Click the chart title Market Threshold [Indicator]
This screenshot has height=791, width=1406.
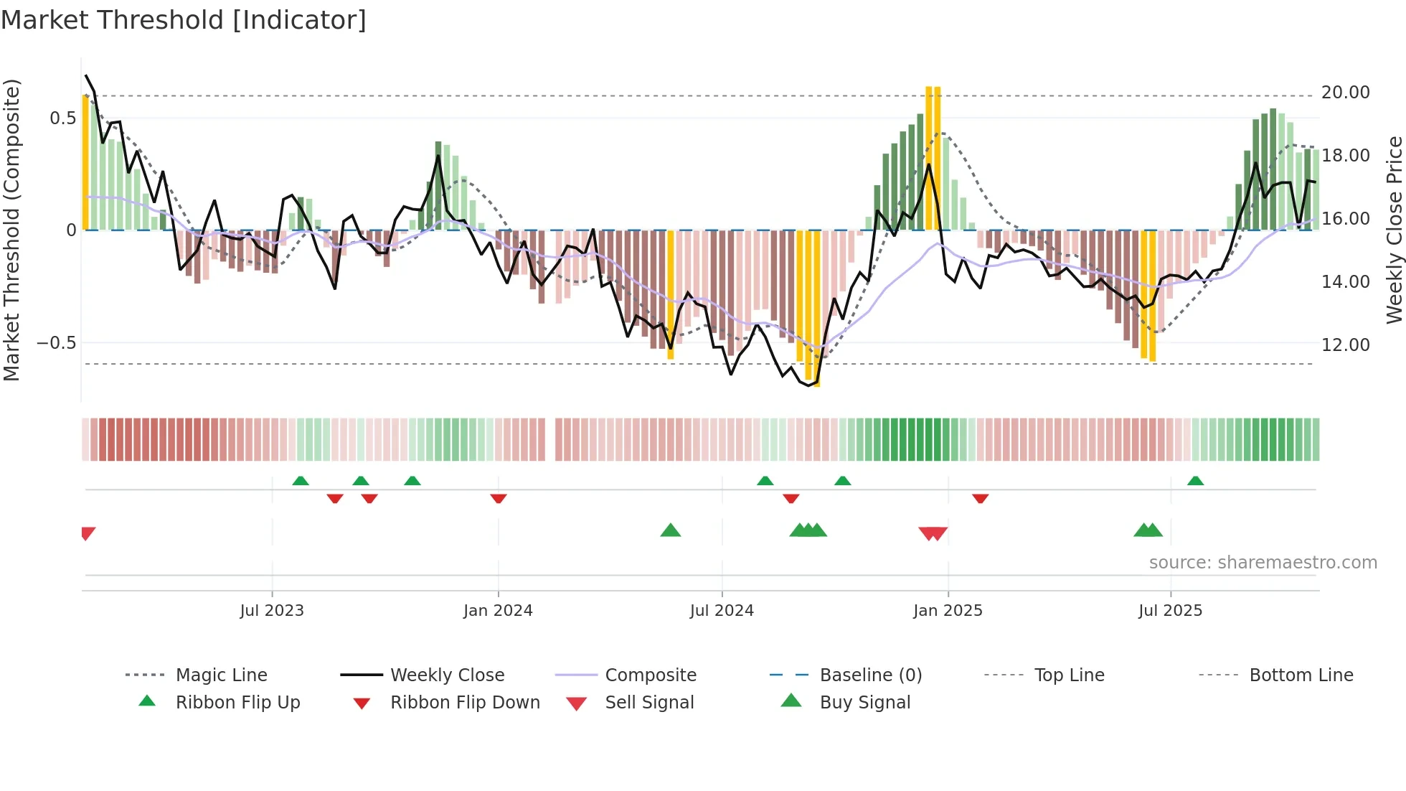pyautogui.click(x=184, y=20)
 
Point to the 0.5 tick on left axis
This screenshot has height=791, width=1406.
pyautogui.click(x=63, y=118)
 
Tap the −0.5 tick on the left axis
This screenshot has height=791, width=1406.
pyautogui.click(x=57, y=343)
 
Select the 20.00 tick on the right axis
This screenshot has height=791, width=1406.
pyautogui.click(x=1346, y=93)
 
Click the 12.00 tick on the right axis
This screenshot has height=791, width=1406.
pyautogui.click(x=1346, y=345)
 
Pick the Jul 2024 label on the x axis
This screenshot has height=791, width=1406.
pyautogui.click(x=722, y=611)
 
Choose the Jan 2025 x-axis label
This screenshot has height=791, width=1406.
pyautogui.click(x=948, y=611)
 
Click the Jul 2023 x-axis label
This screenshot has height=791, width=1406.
pyautogui.click(x=272, y=611)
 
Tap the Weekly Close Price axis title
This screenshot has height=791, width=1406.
pyautogui.click(x=1394, y=230)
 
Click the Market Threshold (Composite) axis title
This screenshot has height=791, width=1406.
pyautogui.click(x=11, y=230)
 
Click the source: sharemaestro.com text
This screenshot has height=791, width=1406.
pyautogui.click(x=1263, y=563)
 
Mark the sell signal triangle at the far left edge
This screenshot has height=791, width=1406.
pyautogui.click(x=88, y=533)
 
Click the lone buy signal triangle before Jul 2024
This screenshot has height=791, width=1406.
pyautogui.click(x=670, y=530)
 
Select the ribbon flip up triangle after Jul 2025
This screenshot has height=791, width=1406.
pyautogui.click(x=1195, y=481)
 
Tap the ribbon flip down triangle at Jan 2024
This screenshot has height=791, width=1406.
pyautogui.click(x=499, y=498)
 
